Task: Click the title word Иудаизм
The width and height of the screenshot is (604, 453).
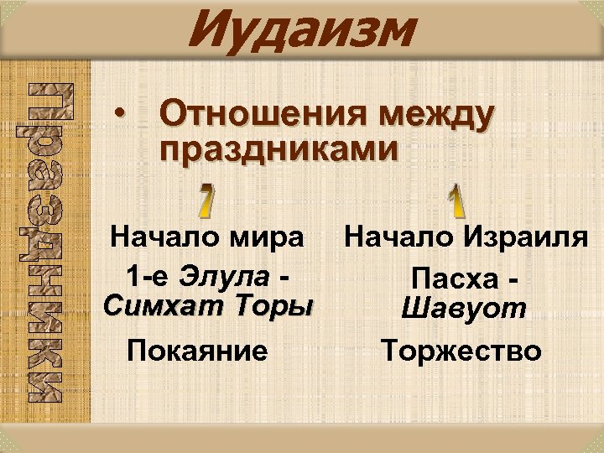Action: click(x=302, y=30)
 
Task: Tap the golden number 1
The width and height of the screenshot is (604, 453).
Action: click(x=454, y=198)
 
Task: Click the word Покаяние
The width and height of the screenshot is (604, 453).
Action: click(x=197, y=351)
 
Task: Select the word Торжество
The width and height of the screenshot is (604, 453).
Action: click(x=461, y=351)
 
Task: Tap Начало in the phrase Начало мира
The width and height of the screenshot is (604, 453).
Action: click(x=164, y=237)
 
